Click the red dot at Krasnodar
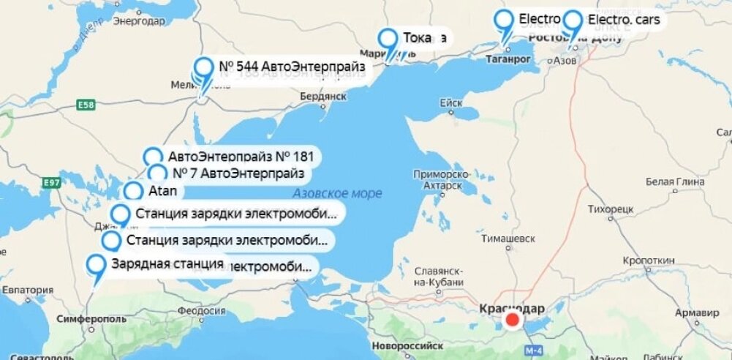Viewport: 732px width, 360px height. (513, 320)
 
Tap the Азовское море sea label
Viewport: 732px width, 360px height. (337, 194)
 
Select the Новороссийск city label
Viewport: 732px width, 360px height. (407, 344)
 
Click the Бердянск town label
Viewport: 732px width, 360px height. (322, 97)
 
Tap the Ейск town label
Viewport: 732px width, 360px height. (451, 104)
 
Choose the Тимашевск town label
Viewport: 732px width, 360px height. (508, 239)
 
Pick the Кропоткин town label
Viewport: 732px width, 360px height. (649, 260)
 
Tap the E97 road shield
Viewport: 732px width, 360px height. (50, 182)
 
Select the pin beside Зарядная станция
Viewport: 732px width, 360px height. (96, 266)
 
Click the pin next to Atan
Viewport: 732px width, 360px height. (133, 192)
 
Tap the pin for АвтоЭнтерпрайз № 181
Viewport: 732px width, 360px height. (152, 157)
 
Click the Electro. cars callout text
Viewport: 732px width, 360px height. (623, 20)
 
